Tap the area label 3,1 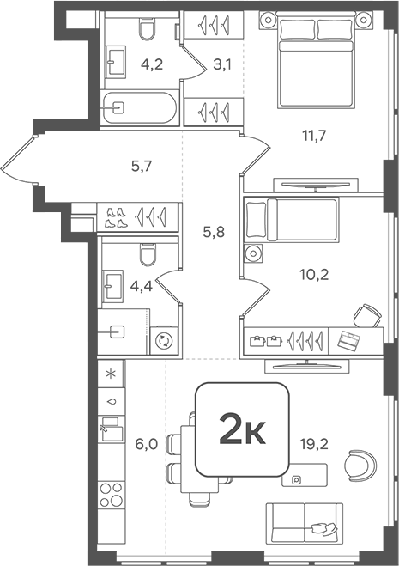221,62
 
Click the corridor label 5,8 214,231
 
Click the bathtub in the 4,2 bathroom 141,108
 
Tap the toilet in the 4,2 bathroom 147,32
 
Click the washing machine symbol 164,340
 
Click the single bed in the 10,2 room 291,220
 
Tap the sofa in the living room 306,522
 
